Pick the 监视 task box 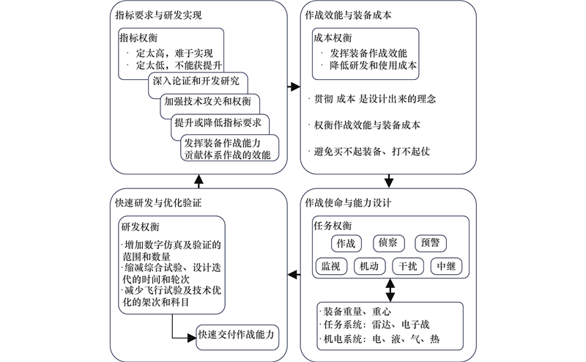330,267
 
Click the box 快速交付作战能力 238,335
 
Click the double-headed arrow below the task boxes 390,290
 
